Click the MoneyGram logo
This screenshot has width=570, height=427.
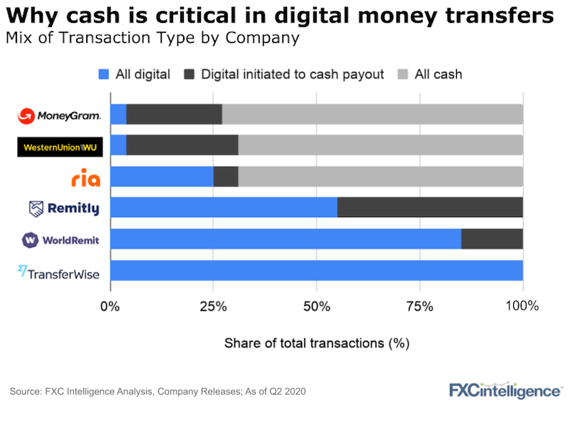(59, 115)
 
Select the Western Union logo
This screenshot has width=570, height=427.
(59, 147)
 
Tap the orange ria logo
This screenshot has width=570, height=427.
(85, 177)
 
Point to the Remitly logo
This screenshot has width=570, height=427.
(64, 209)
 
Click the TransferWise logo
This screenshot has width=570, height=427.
(59, 271)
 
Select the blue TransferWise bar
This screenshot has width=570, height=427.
(316, 271)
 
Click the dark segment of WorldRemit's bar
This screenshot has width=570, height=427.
(492, 239)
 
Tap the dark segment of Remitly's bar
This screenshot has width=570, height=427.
(430, 208)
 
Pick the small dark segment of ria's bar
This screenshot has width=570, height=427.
(226, 176)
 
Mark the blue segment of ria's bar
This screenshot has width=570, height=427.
(162, 176)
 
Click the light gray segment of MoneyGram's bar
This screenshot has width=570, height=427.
(372, 114)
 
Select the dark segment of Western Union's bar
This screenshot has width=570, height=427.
(182, 145)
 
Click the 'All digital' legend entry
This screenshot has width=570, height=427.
(134, 74)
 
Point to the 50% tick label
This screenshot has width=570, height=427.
(316, 307)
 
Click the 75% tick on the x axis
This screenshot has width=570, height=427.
(420, 307)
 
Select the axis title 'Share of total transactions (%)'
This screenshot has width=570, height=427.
(316, 343)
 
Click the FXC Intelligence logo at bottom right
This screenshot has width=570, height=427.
(504, 391)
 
